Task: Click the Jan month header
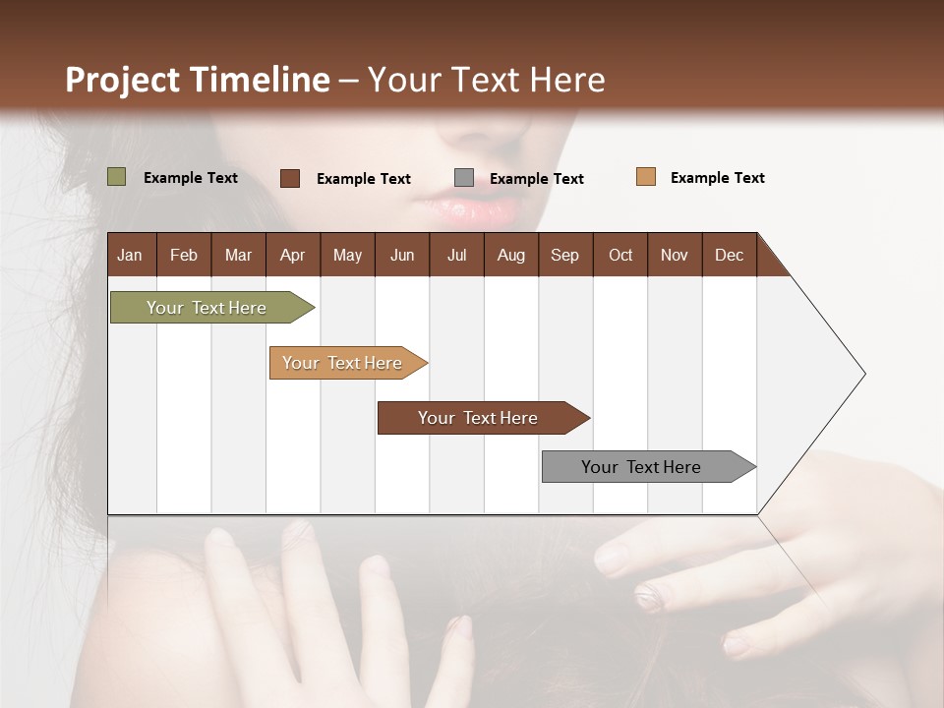pos(130,255)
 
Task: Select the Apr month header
pos(293,255)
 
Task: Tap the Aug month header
pos(511,255)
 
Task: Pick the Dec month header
pos(729,255)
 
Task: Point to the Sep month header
pos(564,255)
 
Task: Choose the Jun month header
pos(402,255)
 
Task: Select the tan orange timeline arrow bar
pos(344,363)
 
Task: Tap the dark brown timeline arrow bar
pos(480,418)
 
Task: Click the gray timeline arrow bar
pos(644,467)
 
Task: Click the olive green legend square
pos(116,177)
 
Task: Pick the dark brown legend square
pos(290,178)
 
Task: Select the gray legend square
pos(464,178)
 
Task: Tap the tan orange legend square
pos(646,177)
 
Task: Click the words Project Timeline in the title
pos(198,80)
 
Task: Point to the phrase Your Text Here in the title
pos(487,80)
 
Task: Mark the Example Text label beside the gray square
pos(536,178)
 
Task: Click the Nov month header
pos(674,255)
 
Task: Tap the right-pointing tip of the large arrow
pos(862,374)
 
